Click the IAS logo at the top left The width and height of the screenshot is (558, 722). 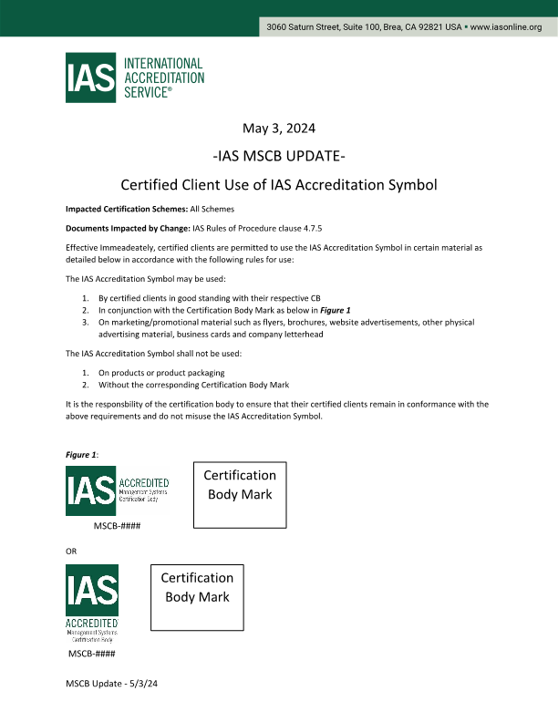tap(90, 78)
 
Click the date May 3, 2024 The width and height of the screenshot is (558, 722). tap(279, 127)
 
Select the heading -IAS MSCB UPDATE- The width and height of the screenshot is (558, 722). tap(278, 155)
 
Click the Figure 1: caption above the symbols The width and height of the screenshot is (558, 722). tap(82, 454)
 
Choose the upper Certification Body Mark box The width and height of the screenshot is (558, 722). tap(240, 494)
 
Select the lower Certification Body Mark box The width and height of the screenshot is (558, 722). tap(197, 598)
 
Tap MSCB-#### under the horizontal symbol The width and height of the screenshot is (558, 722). tap(117, 526)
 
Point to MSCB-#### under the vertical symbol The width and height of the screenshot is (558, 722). tap(91, 654)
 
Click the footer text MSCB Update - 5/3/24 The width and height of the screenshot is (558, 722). tap(112, 683)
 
